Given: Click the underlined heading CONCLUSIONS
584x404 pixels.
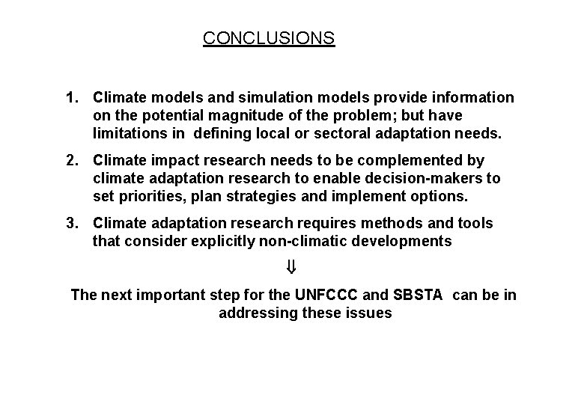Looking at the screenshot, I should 269,37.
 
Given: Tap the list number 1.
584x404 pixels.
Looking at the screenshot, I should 72,97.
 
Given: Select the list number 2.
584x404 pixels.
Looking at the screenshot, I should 72,160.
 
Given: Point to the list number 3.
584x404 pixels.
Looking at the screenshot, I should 72,223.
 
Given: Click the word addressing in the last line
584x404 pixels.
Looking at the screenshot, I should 255,313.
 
